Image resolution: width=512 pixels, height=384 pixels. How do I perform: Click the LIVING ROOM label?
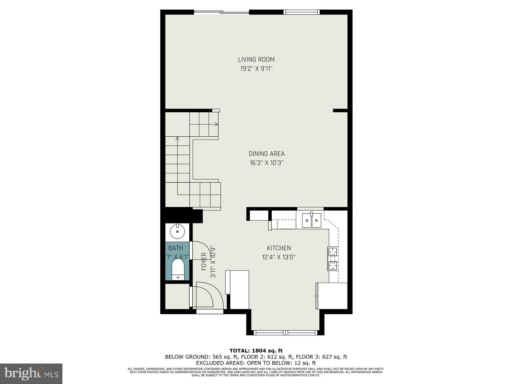tap(256, 60)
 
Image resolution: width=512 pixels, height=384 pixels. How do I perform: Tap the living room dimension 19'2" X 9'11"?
tap(256, 68)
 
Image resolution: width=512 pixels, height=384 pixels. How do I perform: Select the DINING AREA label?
tap(267, 154)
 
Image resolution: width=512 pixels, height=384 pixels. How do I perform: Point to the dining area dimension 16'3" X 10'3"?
tap(267, 163)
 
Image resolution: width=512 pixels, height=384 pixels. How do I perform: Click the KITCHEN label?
tap(279, 248)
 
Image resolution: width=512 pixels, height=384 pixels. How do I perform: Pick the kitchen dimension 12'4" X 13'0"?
tap(279, 257)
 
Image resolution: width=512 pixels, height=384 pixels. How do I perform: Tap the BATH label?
tap(176, 248)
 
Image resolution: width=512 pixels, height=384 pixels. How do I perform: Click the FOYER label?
tap(204, 262)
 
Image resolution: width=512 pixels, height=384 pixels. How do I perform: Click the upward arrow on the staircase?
tap(177, 139)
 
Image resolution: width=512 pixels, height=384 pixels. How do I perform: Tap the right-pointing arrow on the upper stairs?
tap(217, 124)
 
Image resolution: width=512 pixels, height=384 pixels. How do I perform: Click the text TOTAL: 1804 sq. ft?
tap(256, 351)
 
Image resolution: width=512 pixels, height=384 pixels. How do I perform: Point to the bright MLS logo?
tap(31, 373)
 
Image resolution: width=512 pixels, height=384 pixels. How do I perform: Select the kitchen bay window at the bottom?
tap(285, 333)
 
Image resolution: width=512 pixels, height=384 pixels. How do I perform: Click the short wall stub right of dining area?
tap(340, 110)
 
